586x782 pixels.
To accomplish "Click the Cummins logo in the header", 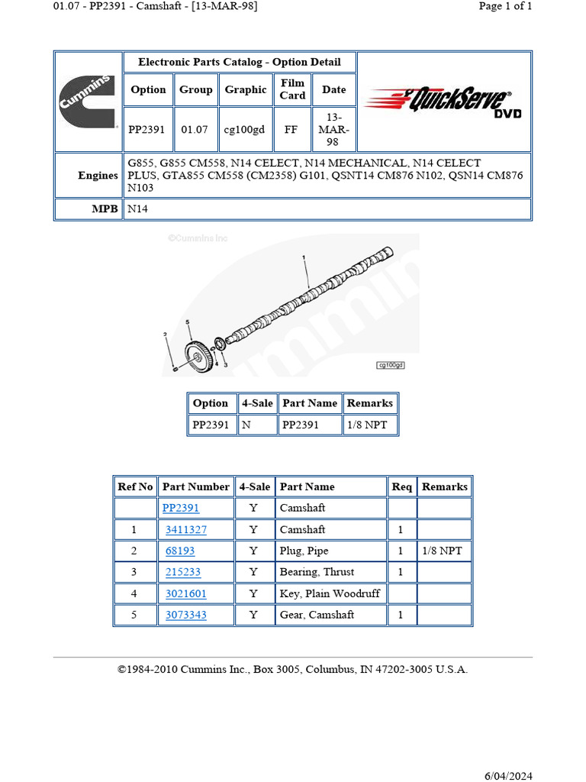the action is (88, 102).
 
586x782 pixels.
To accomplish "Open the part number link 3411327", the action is (185, 529).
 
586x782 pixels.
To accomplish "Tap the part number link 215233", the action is (183, 572).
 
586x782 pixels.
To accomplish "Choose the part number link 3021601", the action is (185, 593).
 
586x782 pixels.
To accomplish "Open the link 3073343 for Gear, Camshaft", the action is (185, 615).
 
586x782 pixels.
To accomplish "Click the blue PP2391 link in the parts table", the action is (181, 508).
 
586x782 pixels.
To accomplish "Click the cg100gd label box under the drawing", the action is (391, 365).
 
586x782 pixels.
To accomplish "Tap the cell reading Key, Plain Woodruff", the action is (330, 593).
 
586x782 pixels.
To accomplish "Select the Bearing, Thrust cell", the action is (317, 572).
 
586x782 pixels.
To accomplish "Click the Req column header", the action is (402, 486).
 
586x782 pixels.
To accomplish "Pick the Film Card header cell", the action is (292, 89).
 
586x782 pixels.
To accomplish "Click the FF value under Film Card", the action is (291, 130).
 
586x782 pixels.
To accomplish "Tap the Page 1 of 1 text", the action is (505, 6).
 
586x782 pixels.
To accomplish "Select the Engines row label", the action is (98, 176).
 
